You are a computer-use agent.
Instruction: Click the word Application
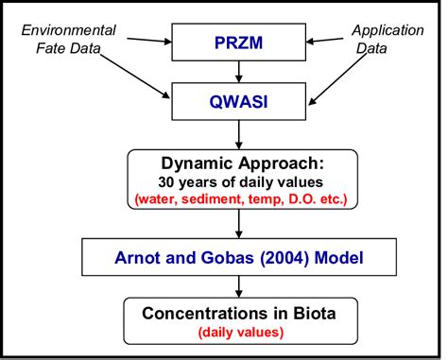(x=388, y=30)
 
